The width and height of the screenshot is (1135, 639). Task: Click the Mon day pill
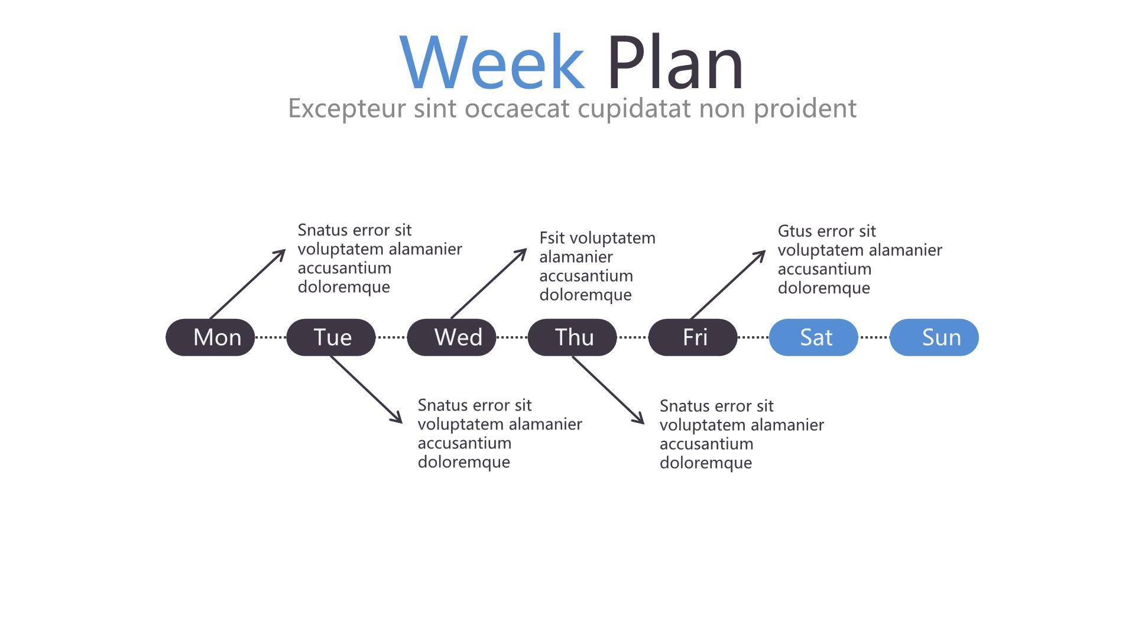210,337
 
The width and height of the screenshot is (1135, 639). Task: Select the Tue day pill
331,337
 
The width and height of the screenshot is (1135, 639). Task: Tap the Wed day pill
452,337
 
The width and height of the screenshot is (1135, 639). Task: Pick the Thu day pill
572,337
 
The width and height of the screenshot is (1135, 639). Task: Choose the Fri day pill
693,337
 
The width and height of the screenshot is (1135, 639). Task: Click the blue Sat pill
813,337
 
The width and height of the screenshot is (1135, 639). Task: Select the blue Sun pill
934,337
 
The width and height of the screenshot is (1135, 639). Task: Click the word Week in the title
492,62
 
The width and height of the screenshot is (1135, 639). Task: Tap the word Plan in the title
675,62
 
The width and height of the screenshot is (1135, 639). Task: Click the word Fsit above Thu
552,238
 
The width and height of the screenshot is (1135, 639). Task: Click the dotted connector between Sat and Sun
874,337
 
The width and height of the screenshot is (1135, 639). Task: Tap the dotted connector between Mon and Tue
271,337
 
